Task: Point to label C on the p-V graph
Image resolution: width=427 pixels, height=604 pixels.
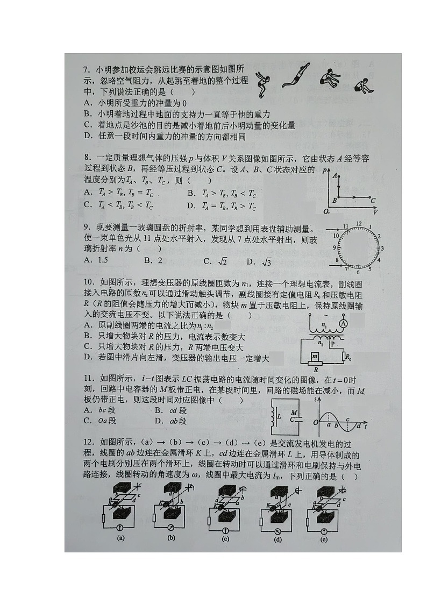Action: (373, 200)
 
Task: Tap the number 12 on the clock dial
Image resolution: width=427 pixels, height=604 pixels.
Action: (358, 223)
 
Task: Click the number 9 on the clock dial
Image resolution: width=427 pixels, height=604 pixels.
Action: (335, 247)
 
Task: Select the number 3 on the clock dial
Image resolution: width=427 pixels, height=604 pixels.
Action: (382, 248)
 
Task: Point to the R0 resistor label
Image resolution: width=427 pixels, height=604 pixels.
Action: (348, 357)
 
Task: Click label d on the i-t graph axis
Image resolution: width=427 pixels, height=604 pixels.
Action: (359, 427)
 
